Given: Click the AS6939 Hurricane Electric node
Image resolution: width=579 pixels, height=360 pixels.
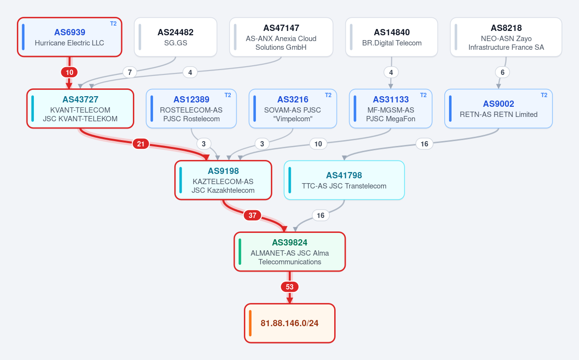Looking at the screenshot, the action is coord(70,37).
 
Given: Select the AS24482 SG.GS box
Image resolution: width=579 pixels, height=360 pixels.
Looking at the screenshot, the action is coord(175,37).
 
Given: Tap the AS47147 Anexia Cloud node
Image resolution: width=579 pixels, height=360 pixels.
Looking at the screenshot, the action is coord(281,37).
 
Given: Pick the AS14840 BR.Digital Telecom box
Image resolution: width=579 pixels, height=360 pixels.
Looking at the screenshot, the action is coord(392,37).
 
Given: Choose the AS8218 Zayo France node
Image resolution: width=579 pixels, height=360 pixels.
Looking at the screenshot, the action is coord(506,37).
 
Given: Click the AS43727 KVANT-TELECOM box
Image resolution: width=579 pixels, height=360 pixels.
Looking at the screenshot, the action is coord(80,109).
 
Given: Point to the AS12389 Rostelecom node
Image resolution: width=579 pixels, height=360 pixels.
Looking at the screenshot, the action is coord(191,109).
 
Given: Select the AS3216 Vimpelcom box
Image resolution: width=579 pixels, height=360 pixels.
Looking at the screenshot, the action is coord(293,109).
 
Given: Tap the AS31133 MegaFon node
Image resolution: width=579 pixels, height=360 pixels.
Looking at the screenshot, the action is coord(391,109).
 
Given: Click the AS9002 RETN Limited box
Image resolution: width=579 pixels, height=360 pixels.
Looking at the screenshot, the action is coord(498,109).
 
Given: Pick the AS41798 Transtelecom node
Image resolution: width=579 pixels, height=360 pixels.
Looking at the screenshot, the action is coord(344,180).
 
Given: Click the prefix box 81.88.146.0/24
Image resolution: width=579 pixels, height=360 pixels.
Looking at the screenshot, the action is coord(290,323).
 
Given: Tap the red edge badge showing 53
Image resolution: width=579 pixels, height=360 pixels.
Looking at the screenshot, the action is coord(290,287).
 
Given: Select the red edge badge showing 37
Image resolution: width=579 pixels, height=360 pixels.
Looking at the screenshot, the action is coord(253,215).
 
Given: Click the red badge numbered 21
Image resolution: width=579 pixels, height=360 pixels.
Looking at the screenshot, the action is coord(141,144).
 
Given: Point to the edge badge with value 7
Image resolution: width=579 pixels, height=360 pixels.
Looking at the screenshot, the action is coord(129,72).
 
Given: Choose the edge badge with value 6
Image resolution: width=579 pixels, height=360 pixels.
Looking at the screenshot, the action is coord(502,72).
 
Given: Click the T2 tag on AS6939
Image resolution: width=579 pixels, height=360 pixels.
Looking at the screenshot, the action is coord(113,24).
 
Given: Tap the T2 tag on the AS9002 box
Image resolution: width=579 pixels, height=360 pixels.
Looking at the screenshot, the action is coord(544,95).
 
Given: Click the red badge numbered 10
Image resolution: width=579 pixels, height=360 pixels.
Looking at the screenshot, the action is coord(70,72).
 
